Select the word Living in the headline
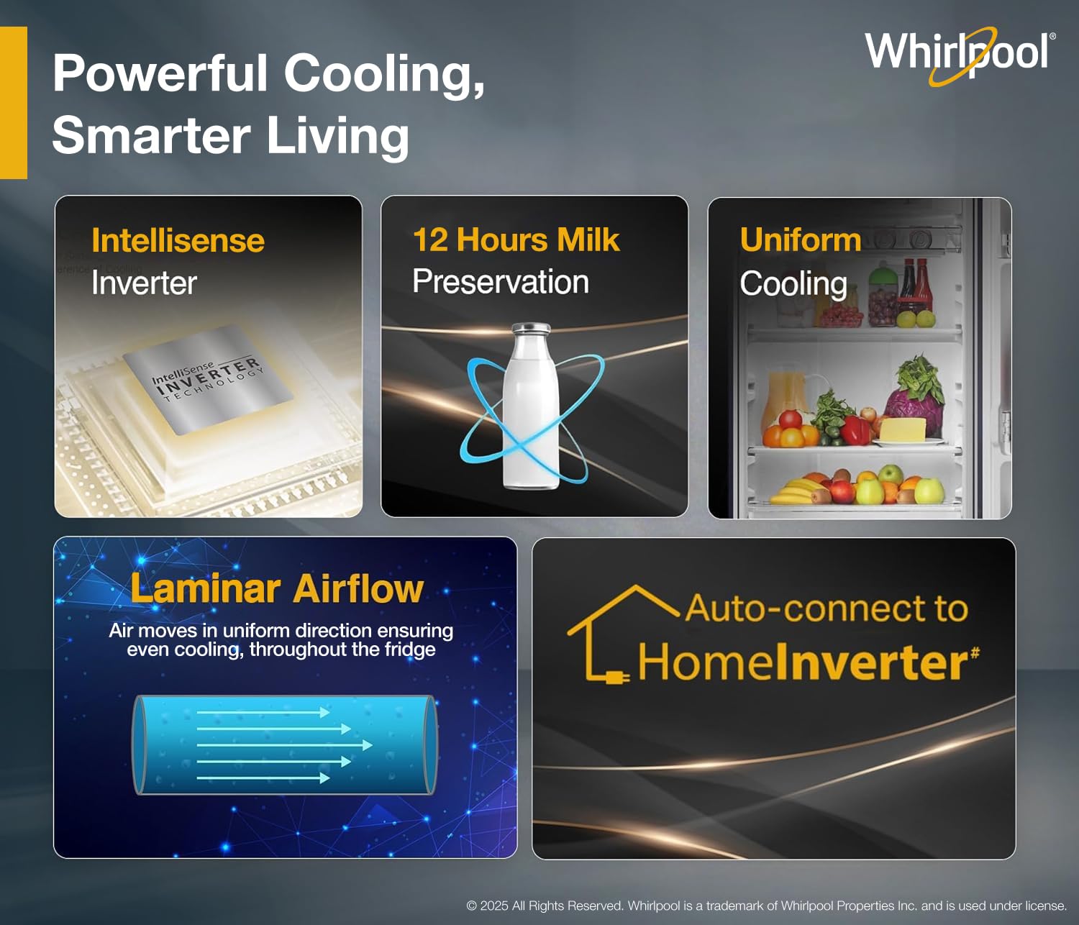click(338, 136)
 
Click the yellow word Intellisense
click(178, 241)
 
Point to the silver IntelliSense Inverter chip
click(208, 380)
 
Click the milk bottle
click(531, 406)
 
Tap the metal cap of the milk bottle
click(531, 329)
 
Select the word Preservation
click(501, 282)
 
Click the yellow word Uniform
click(800, 240)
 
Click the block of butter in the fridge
click(903, 429)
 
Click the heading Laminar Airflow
click(277, 588)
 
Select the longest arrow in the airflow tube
click(285, 745)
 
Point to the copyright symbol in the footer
click(471, 906)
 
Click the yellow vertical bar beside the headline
click(14, 103)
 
